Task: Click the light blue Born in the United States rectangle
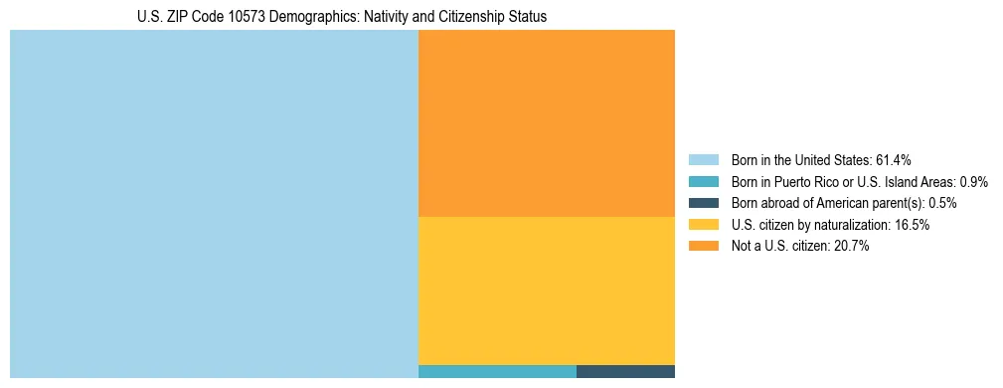(214, 204)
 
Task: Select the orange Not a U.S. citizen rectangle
(547, 123)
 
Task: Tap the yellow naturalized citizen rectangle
(547, 291)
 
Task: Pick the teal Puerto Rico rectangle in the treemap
(497, 371)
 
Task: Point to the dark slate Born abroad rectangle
(625, 371)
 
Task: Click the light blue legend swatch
(703, 160)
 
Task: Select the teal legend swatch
(703, 182)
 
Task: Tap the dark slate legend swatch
(703, 203)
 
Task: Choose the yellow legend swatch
(703, 225)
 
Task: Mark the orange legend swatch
(703, 247)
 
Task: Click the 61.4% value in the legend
(894, 160)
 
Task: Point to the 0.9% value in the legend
(973, 182)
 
